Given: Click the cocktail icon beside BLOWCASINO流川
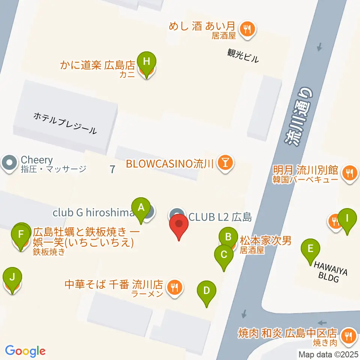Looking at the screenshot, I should tap(226, 163).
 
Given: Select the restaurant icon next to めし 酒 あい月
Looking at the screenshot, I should tap(247, 28).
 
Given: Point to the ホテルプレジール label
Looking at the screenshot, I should tap(65, 124).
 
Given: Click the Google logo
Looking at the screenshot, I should tap(25, 351).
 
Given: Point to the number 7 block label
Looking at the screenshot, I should tap(112, 169).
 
